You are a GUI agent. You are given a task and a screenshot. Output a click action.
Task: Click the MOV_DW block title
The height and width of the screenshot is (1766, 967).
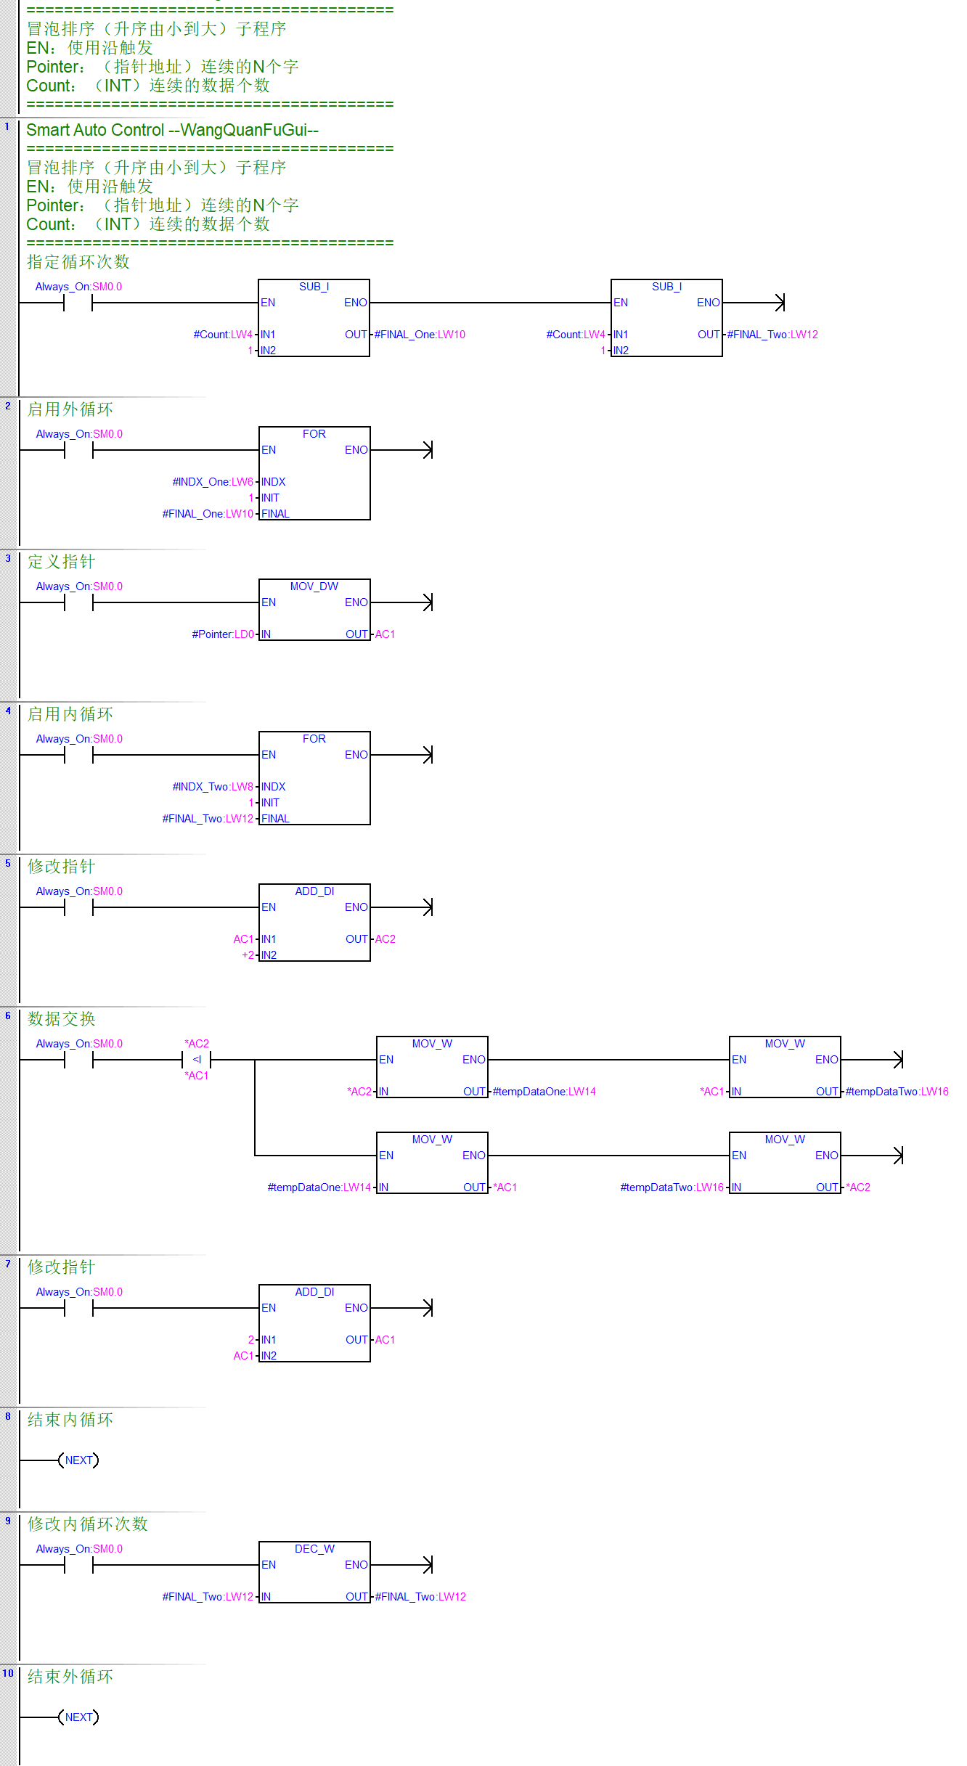314,586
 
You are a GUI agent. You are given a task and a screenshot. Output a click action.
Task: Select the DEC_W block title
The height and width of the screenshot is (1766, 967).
314,1549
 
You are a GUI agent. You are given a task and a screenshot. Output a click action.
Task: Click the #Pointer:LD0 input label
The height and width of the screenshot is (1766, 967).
223,634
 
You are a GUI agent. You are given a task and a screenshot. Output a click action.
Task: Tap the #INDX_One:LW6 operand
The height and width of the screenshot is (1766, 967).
213,482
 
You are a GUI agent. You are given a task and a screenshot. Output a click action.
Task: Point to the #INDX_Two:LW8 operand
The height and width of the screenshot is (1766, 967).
213,787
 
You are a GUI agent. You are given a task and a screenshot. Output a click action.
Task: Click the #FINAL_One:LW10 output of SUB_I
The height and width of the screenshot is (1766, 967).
420,335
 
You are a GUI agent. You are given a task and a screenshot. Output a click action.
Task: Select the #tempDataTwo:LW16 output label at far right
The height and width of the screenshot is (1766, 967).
897,1092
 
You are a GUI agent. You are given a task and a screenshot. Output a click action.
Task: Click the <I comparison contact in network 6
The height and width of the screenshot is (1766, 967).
197,1060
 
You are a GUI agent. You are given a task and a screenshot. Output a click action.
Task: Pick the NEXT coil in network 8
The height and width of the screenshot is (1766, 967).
78,1460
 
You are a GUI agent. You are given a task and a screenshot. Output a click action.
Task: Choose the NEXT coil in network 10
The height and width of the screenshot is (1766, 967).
78,1717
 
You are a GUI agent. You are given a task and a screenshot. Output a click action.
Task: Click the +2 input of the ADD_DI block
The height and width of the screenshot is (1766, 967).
248,955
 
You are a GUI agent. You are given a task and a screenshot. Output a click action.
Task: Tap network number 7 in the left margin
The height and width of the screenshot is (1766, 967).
8,1264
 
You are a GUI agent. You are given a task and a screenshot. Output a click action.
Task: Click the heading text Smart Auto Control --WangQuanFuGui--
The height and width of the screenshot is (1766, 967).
172,131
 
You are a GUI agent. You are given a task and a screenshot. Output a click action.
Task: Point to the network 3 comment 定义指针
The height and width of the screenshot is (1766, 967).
61,562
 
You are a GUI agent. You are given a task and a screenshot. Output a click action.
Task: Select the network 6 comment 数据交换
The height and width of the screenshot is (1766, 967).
61,1019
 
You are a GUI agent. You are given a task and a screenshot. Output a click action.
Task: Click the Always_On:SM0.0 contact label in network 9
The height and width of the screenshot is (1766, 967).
79,1549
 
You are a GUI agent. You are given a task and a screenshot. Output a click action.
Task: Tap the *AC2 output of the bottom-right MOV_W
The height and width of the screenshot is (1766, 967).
858,1187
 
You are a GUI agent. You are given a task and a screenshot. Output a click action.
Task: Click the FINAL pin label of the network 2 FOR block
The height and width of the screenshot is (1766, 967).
275,514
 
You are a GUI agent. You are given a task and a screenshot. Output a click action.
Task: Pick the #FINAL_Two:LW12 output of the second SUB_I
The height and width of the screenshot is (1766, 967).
772,335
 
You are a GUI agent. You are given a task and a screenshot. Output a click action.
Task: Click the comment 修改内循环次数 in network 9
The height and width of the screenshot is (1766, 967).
88,1524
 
